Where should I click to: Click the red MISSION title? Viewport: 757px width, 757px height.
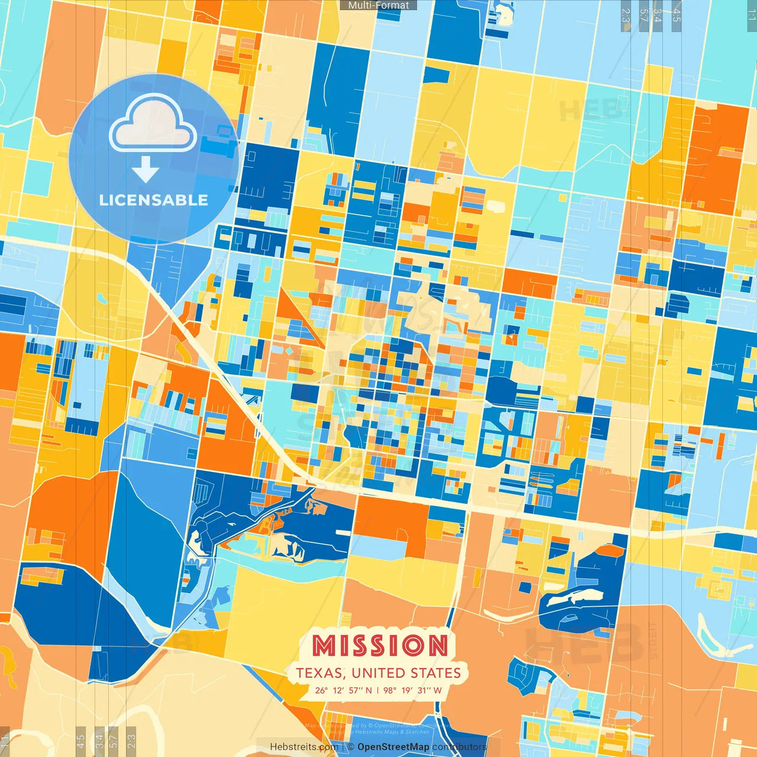380,645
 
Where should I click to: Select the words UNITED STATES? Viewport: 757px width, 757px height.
406,673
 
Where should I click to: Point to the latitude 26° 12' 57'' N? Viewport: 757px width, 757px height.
343,690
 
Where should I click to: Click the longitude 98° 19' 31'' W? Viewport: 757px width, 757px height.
412,690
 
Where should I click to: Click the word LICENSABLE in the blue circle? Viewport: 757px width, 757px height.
154,200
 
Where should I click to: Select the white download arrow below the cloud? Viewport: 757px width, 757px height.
145,170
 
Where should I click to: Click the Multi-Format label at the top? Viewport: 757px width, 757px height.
378,5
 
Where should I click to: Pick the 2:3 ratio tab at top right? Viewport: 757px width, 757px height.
626,15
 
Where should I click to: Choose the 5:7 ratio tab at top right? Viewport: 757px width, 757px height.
643,15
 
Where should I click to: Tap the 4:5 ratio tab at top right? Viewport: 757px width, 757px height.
677,15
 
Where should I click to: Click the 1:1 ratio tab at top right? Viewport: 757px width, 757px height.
751,15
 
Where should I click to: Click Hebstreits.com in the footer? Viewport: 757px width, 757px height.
304,747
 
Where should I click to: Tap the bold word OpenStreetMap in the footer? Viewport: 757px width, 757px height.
393,747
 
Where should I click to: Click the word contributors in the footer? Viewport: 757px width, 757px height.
459,747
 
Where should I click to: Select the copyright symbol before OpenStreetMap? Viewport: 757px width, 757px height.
351,747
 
